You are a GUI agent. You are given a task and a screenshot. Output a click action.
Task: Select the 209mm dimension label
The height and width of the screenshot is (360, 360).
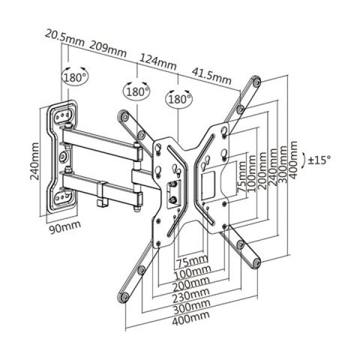pos(109,47)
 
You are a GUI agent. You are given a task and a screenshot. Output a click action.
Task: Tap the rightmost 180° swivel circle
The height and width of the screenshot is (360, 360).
pos(179,98)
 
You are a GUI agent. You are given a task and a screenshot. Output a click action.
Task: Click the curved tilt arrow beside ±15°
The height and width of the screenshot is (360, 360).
pos(305,160)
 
